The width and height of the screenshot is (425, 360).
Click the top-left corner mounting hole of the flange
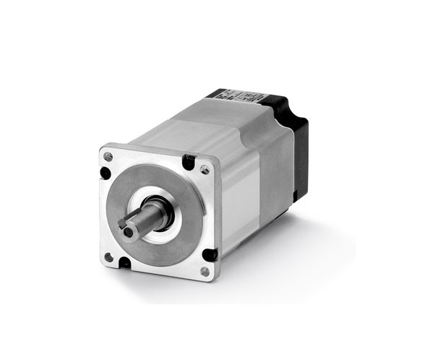[x=108, y=156]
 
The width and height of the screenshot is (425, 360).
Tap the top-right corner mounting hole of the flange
[x=205, y=170]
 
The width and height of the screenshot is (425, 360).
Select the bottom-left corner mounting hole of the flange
[x=108, y=257]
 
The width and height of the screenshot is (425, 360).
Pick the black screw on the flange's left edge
[x=106, y=173]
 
